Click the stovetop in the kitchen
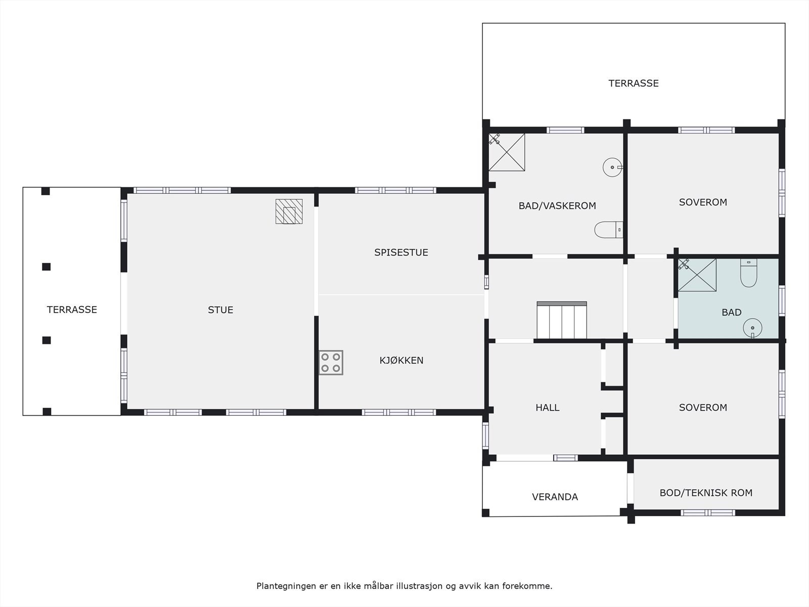(x=331, y=363)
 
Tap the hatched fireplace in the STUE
(x=289, y=211)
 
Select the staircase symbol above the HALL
(x=562, y=320)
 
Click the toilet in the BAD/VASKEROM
(x=608, y=230)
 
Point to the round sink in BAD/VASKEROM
(x=612, y=167)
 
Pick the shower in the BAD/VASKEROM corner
(x=507, y=152)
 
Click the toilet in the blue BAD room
(x=748, y=273)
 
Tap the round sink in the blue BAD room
(x=752, y=328)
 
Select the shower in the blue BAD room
(x=697, y=275)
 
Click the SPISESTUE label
(x=401, y=252)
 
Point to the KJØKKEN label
(x=401, y=360)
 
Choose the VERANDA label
(x=555, y=497)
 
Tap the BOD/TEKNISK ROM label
(x=706, y=493)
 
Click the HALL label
(x=547, y=407)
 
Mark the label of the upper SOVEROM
(x=703, y=202)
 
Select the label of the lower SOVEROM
(x=703, y=407)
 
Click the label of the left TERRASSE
(x=72, y=310)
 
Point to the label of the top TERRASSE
(x=633, y=83)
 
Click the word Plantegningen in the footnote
(x=286, y=586)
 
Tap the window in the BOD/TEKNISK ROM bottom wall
(x=707, y=512)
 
